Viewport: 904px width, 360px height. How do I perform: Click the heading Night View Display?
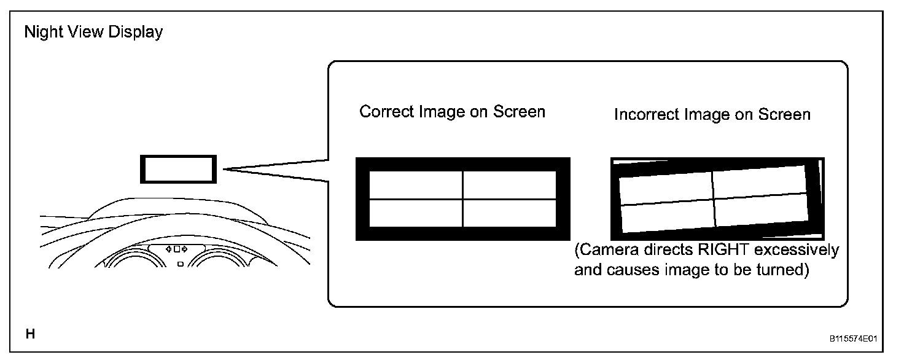(x=93, y=32)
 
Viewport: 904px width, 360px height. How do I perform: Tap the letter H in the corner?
(x=29, y=334)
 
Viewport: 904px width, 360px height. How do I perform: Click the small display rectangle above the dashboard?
(x=179, y=169)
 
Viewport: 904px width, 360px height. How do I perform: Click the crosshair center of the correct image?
(x=462, y=199)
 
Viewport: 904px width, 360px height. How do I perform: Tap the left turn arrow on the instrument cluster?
(x=169, y=249)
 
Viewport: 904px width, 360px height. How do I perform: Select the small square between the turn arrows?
(x=177, y=249)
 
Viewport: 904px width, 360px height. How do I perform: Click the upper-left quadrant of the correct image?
(x=416, y=185)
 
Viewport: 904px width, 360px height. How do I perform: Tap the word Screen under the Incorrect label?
(x=785, y=115)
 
